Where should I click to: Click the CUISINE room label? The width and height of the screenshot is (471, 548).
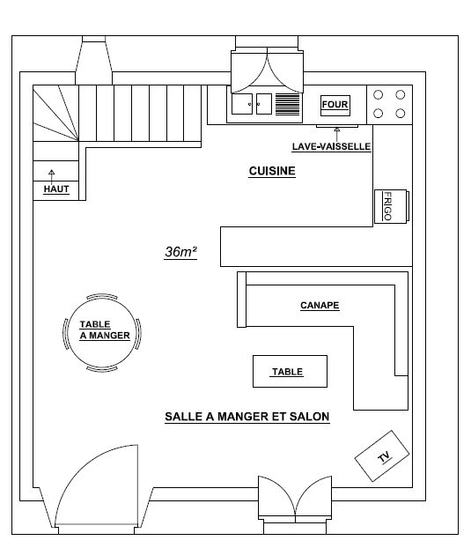272,171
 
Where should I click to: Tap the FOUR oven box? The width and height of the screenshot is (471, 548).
335,106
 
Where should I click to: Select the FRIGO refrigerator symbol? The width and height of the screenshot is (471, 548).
391,206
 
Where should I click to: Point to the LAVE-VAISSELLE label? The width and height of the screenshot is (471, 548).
331,146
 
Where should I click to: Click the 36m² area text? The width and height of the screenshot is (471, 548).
180,252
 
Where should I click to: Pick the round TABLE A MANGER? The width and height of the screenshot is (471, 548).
101,332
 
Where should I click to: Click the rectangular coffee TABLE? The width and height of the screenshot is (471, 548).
290,371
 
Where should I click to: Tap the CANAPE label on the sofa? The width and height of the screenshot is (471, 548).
320,305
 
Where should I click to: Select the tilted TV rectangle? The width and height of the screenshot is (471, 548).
382,455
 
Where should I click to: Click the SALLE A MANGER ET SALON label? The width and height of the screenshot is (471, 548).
247,417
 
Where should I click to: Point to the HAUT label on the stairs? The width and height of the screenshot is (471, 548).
56,189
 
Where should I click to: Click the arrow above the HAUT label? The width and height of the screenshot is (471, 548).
52,177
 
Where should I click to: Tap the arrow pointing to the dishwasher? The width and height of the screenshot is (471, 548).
337,135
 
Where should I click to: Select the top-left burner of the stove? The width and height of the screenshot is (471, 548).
379,95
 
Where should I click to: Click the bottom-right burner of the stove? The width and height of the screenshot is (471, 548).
400,114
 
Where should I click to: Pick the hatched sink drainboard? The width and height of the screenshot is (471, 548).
288,104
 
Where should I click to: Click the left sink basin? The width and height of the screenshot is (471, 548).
242,104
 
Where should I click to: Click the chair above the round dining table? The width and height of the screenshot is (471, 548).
101,296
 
